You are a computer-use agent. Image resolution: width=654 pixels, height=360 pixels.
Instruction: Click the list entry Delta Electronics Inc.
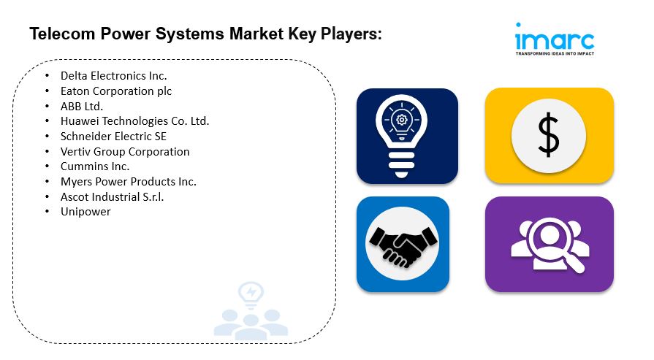(113, 76)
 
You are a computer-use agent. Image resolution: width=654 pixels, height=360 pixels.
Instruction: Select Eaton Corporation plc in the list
(116, 91)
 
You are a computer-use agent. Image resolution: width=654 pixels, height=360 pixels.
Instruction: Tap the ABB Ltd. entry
(82, 107)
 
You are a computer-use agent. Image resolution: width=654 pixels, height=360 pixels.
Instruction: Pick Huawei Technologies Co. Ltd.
(134, 121)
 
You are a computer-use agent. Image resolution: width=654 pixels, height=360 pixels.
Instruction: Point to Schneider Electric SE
(114, 137)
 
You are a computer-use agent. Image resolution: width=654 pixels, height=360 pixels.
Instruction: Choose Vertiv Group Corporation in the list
(125, 152)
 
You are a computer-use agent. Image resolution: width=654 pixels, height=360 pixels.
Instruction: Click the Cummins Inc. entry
(95, 166)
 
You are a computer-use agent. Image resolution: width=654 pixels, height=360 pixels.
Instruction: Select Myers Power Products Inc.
(129, 182)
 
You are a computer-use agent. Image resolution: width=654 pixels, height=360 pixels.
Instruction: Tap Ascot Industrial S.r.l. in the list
(113, 197)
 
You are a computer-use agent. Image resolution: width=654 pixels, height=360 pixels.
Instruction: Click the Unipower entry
(85, 212)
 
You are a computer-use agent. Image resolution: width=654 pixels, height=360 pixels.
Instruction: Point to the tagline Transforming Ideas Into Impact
(555, 54)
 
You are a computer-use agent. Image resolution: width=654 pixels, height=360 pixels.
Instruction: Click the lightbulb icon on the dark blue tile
(407, 135)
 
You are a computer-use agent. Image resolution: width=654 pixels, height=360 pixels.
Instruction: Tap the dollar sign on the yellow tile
(549, 136)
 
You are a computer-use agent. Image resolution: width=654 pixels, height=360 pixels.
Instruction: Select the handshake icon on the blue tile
(403, 245)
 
